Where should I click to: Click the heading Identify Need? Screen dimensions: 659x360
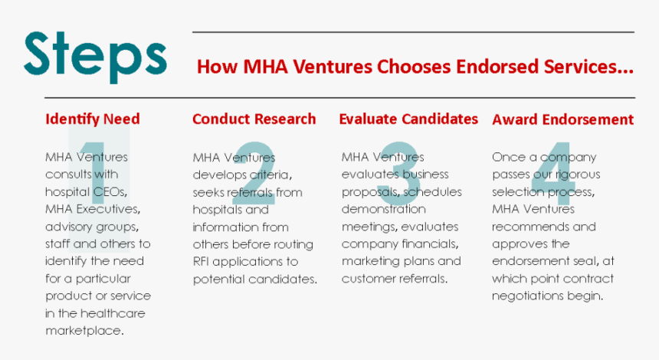click(93, 119)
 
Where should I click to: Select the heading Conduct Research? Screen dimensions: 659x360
click(254, 119)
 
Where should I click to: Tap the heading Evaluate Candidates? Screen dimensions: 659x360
click(408, 119)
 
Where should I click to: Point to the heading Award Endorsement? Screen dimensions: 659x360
click(562, 119)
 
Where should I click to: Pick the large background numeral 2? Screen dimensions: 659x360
click(254, 173)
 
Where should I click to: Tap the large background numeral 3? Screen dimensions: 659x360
click(398, 173)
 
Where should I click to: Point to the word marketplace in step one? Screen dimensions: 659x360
click(84, 331)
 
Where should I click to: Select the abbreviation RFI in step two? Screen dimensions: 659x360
click(201, 262)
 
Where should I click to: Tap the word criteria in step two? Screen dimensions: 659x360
click(270, 175)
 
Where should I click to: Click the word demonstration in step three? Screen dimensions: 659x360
click(384, 209)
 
